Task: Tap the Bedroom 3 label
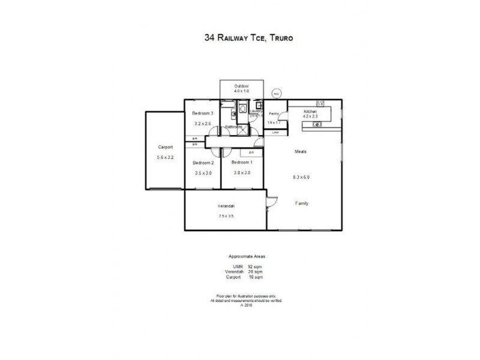pos(203,113)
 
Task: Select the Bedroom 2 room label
pos(203,163)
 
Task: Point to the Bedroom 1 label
pos(242,163)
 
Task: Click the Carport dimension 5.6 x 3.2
pos(166,157)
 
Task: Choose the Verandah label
pos(226,207)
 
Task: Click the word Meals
pos(301,151)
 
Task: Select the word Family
pos(302,203)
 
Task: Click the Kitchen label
pos(310,112)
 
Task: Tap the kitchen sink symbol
pos(316,124)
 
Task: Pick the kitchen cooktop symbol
pos(320,102)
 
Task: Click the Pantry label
pos(274,113)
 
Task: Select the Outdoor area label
pos(241,86)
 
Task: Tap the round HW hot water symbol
pos(276,94)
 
